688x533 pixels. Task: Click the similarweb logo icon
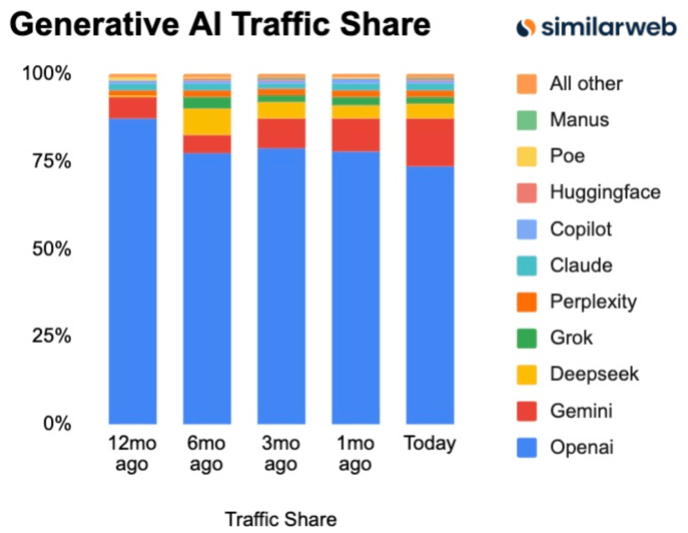pos(525,27)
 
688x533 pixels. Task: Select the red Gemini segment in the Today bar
pos(430,142)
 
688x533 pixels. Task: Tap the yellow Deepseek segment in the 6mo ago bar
pos(207,122)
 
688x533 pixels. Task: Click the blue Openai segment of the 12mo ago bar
pos(133,271)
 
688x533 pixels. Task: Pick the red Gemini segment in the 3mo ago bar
pos(281,134)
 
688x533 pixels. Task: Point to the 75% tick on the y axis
pos(52,161)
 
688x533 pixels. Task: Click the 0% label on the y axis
pos(57,423)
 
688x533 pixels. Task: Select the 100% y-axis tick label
pos(47,73)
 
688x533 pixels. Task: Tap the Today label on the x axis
pos(430,443)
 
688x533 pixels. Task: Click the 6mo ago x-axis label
pos(206,453)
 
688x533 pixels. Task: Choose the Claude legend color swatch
pos(526,265)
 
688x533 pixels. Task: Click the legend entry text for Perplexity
pos(593,301)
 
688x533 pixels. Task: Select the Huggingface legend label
pos(605,192)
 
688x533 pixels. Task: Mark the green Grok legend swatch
pos(526,338)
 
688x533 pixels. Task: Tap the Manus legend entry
pos(579,120)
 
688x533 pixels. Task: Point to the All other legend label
pos(586,84)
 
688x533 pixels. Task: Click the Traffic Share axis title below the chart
pos(281,519)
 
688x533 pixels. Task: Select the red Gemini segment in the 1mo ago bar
pos(355,135)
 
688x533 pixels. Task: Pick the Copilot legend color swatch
pos(526,229)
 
